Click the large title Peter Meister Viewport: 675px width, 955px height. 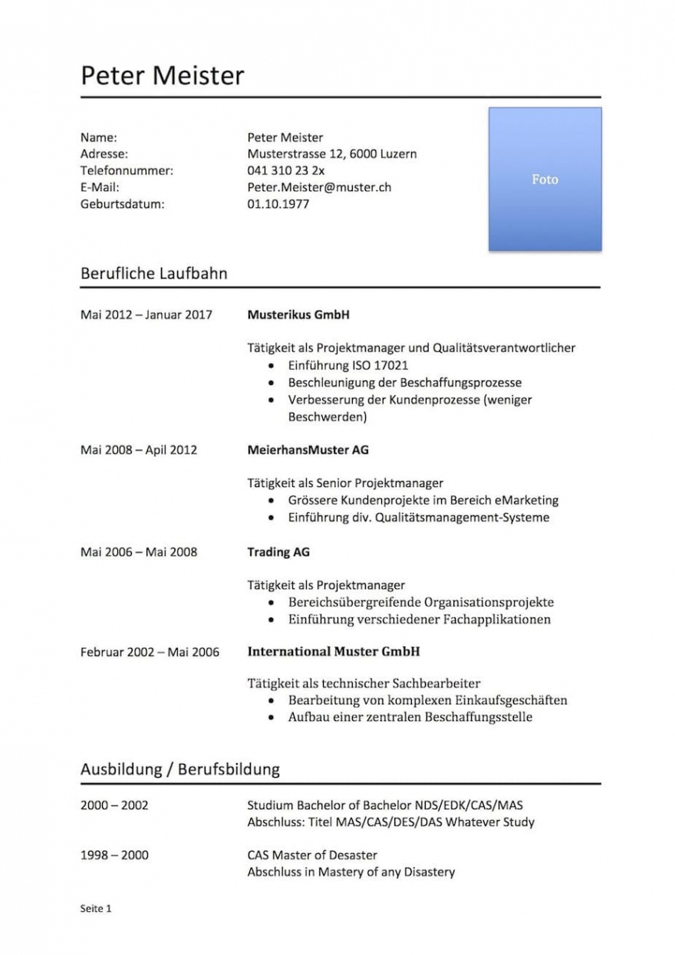click(163, 75)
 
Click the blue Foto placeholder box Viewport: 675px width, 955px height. click(545, 179)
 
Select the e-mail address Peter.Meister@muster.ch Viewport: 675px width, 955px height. click(319, 187)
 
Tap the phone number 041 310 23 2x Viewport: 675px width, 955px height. click(285, 170)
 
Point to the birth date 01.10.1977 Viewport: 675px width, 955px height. click(278, 204)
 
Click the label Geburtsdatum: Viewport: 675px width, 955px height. click(123, 204)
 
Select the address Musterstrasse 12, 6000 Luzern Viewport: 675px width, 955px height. click(331, 154)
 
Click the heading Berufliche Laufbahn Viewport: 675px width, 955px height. click(153, 273)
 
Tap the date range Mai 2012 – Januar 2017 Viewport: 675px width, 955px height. click(146, 314)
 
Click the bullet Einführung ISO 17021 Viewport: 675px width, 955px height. click(347, 365)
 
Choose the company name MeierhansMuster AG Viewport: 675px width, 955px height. click(308, 450)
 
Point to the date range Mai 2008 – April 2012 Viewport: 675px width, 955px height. click(138, 450)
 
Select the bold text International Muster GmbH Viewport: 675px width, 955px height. click(333, 652)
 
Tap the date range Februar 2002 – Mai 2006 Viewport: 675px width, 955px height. click(150, 653)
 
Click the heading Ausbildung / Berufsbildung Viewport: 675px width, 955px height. click(179, 769)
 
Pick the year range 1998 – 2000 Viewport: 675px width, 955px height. click(114, 855)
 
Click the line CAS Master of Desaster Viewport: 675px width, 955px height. click(312, 855)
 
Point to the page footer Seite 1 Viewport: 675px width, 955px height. click(96, 909)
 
